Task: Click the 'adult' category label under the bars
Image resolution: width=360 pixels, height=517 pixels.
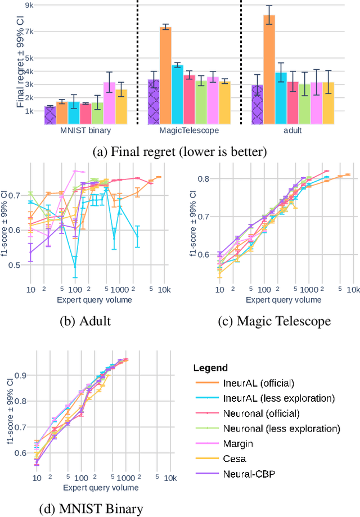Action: click(293, 131)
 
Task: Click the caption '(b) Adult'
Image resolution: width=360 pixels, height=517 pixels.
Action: click(85, 321)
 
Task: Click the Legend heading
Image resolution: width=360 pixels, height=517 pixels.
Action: click(210, 368)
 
